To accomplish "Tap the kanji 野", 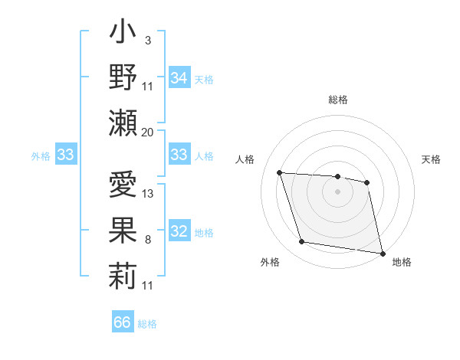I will pyautogui.click(x=123, y=78).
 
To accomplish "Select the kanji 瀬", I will pyautogui.click(x=123, y=121).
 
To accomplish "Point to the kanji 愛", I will pyautogui.click(x=123, y=186).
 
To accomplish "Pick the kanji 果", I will pyautogui.click(x=123, y=230).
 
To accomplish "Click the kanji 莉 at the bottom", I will pyautogui.click(x=123, y=273).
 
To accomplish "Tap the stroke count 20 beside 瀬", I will pyautogui.click(x=148, y=132).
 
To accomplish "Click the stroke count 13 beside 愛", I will pyautogui.click(x=148, y=194).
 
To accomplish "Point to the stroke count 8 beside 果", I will pyautogui.click(x=147, y=241).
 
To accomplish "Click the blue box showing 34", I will pyautogui.click(x=179, y=78).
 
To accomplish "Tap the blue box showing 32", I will pyautogui.click(x=179, y=232).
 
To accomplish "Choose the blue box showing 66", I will pyautogui.click(x=123, y=322).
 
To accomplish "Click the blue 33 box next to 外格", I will pyautogui.click(x=65, y=155).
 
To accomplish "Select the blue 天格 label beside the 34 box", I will pyautogui.click(x=204, y=79).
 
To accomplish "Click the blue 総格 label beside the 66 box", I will pyautogui.click(x=147, y=323).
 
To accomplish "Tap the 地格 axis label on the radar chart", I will pyautogui.click(x=402, y=262).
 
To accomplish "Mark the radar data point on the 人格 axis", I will pyautogui.click(x=280, y=173).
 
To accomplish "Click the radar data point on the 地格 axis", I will pyautogui.click(x=383, y=253).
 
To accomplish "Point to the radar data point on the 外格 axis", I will pyautogui.click(x=302, y=242).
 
